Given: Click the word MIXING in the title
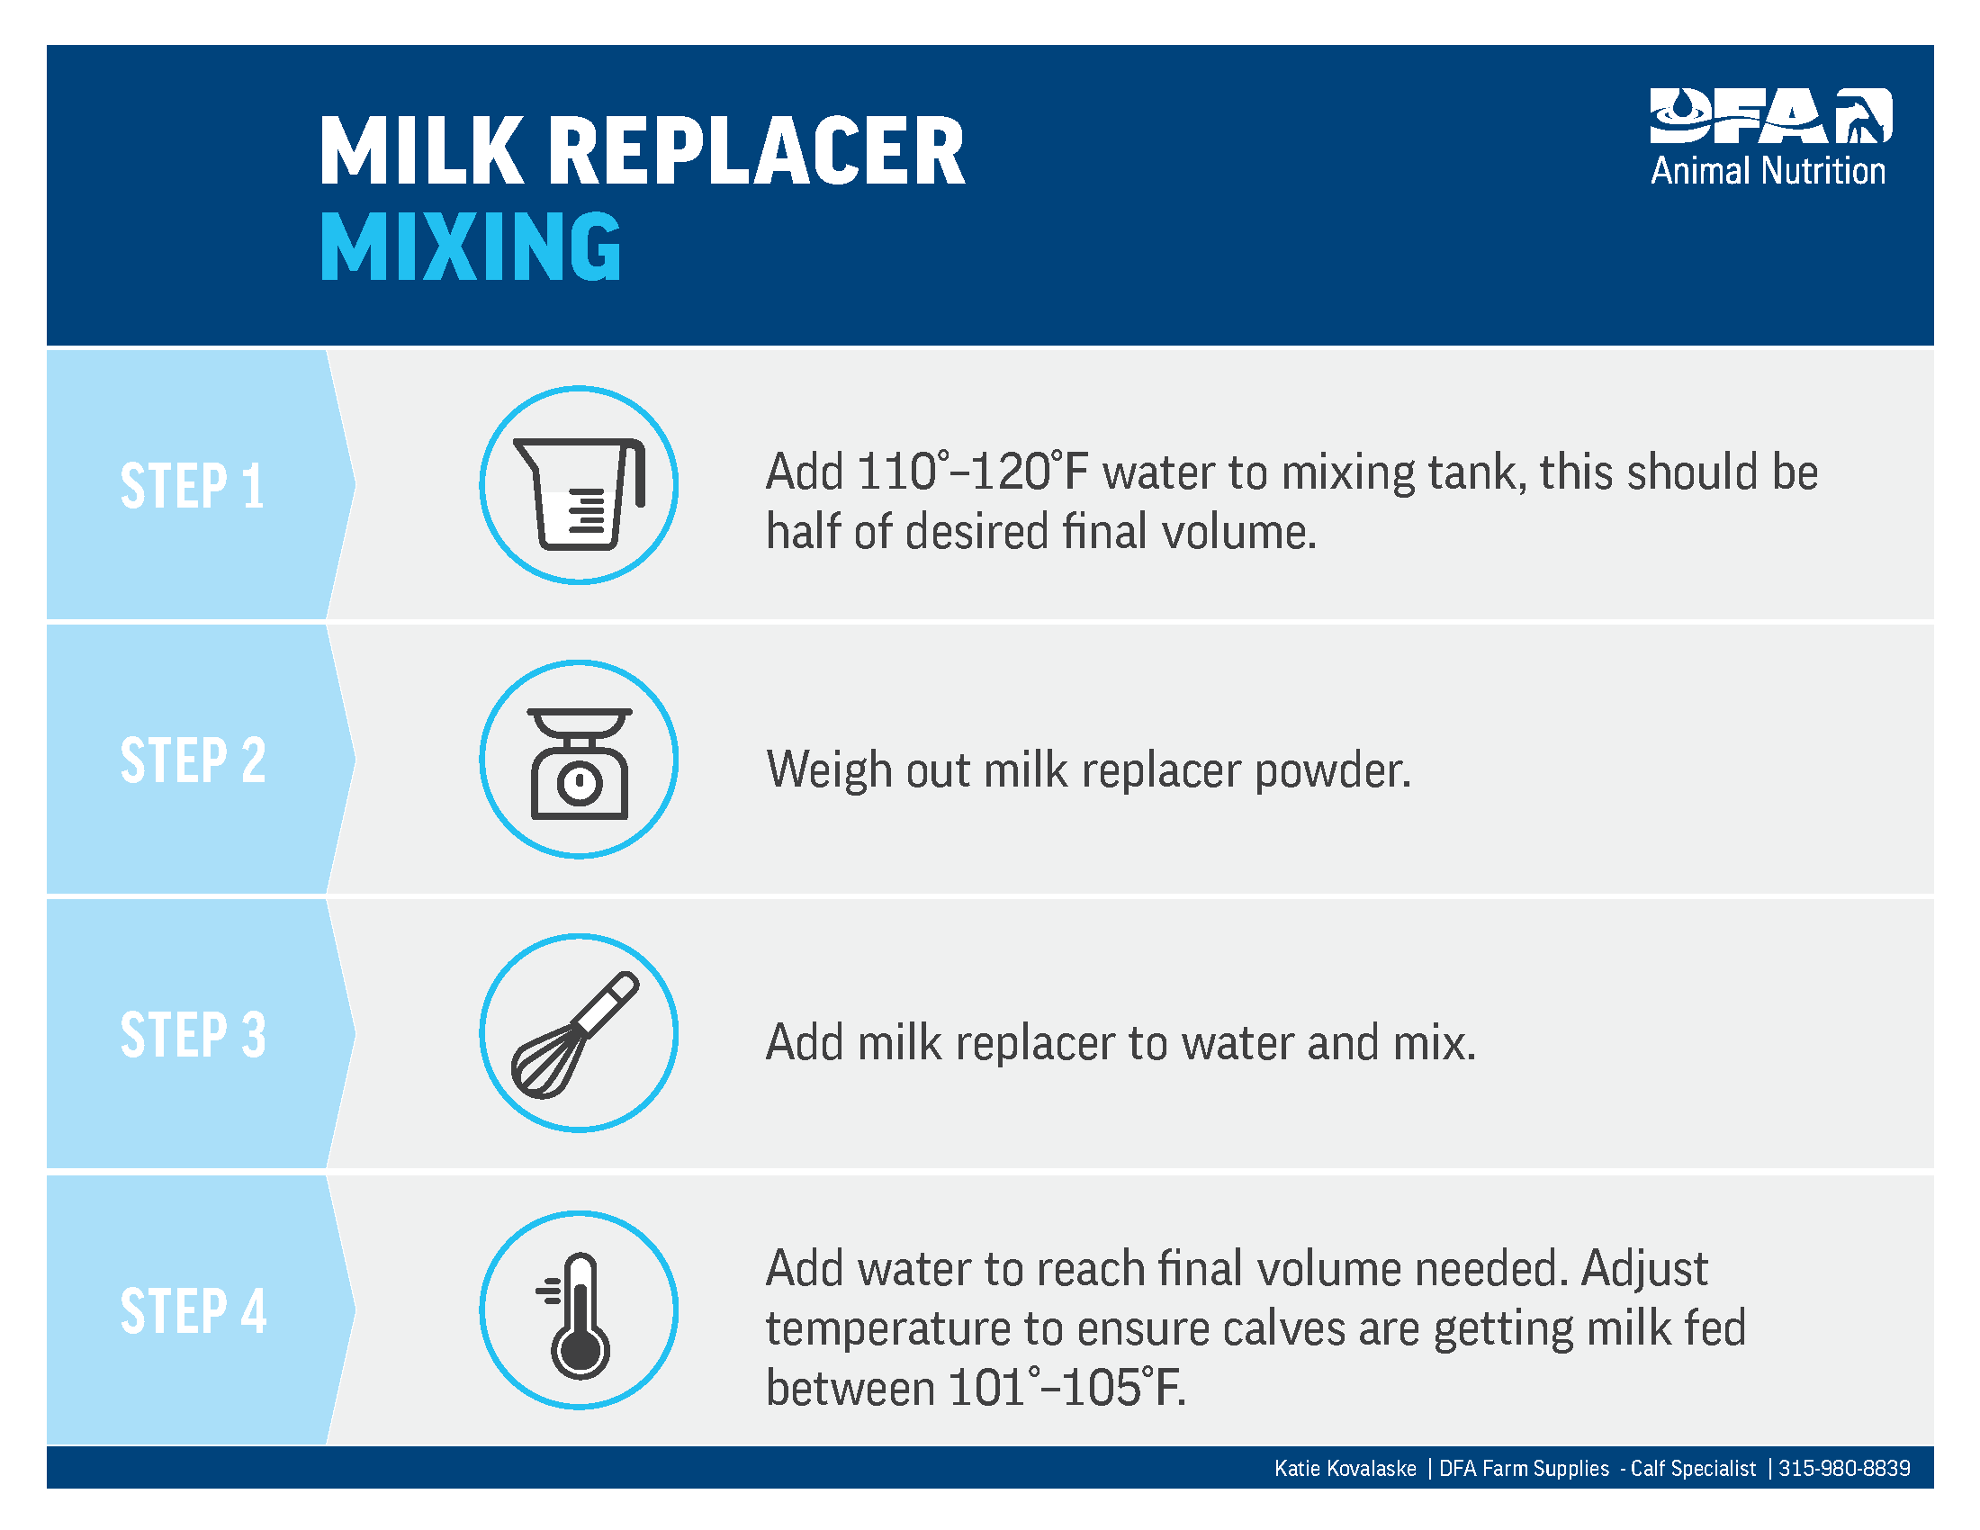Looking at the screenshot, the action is point(471,247).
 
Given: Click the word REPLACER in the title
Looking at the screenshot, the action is point(757,151).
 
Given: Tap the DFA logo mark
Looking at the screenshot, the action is point(1770,116).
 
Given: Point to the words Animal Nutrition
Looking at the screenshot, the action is point(1768,171).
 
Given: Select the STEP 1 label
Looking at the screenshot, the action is point(193,486).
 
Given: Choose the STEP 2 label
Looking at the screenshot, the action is point(193,760).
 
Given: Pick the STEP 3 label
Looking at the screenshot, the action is point(193,1034).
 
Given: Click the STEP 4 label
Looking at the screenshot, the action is point(193,1310).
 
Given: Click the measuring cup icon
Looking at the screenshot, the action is point(580,493).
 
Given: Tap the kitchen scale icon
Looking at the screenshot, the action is point(580,763).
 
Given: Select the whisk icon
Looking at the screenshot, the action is point(575,1035).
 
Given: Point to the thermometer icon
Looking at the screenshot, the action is point(575,1315).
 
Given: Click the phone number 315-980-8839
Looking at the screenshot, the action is point(1844,1469).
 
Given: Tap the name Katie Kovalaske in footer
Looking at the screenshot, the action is point(1345,1469).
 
